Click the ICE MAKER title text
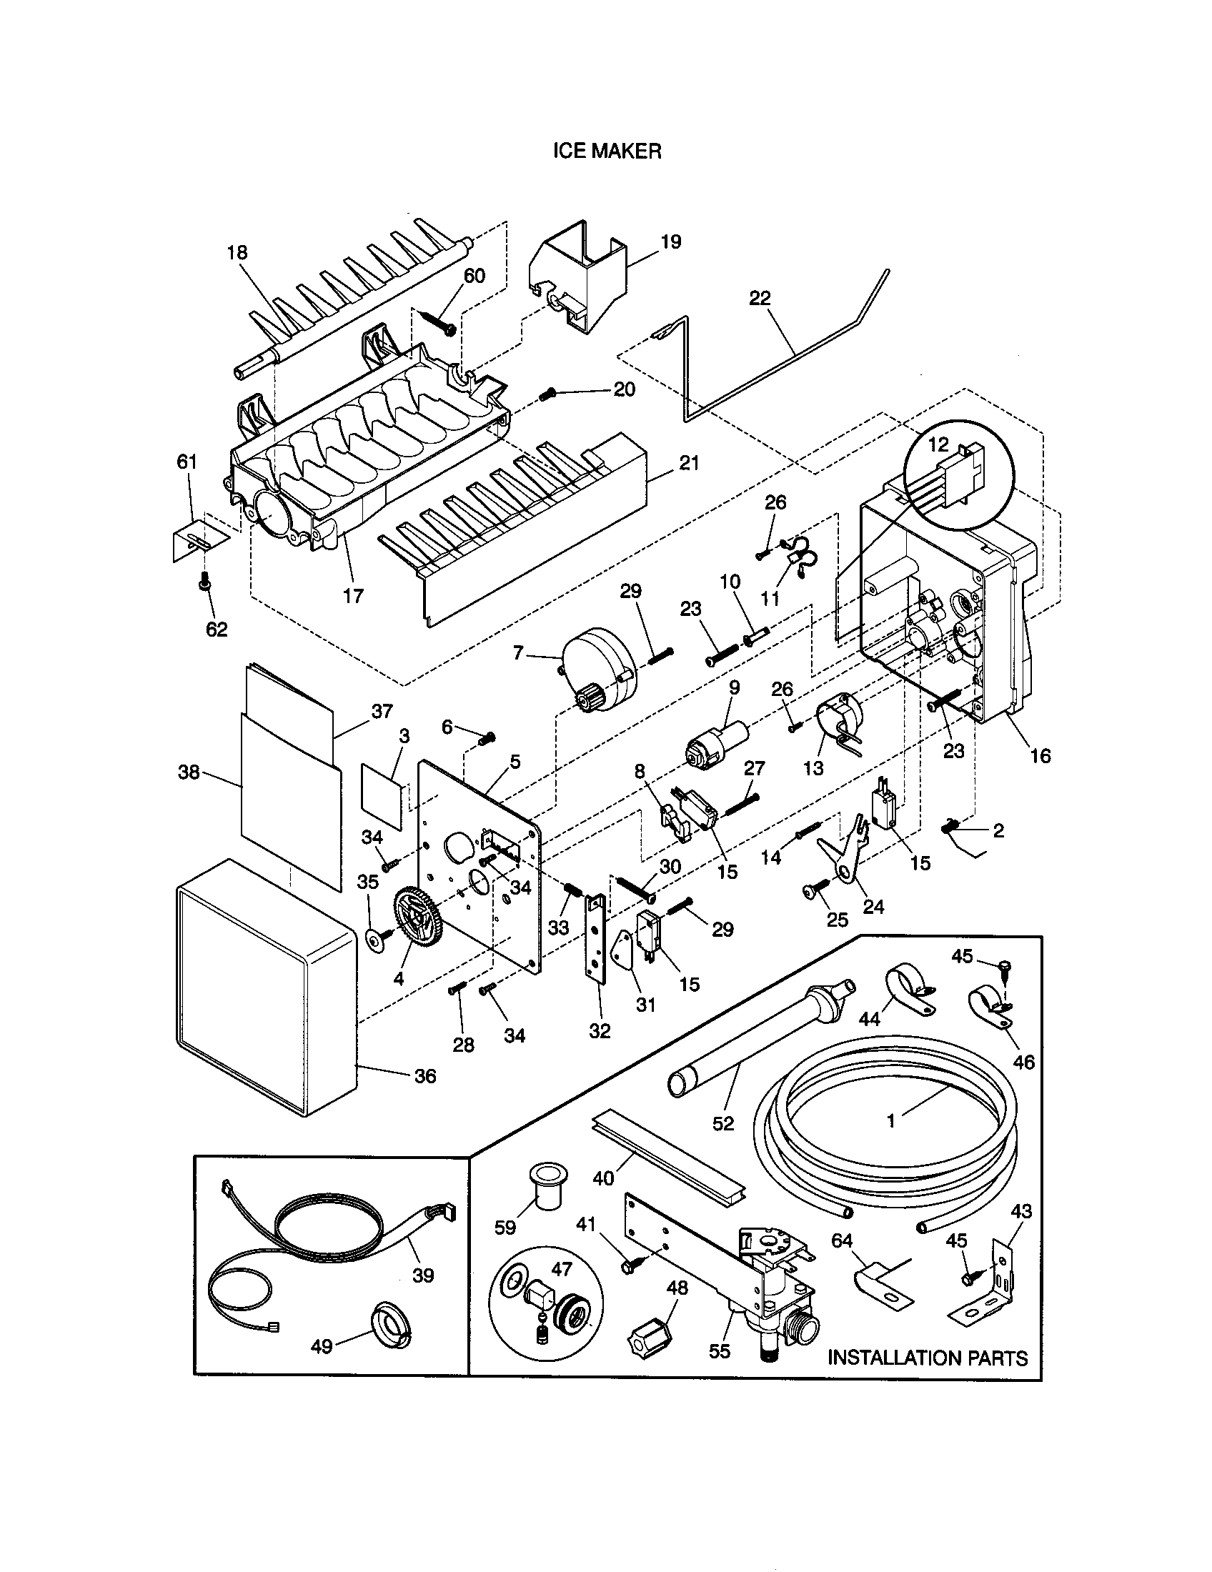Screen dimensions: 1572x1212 click(x=606, y=151)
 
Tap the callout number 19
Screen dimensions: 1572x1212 click(x=670, y=242)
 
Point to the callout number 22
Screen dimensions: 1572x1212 click(x=760, y=298)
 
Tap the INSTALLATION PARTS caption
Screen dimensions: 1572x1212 click(x=927, y=1358)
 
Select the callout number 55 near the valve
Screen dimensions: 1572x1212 click(x=719, y=1351)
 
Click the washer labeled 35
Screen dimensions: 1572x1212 click(x=374, y=940)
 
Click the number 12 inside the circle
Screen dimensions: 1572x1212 click(x=938, y=444)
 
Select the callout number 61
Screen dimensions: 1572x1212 click(x=187, y=462)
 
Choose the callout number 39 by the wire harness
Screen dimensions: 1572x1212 click(x=423, y=1275)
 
